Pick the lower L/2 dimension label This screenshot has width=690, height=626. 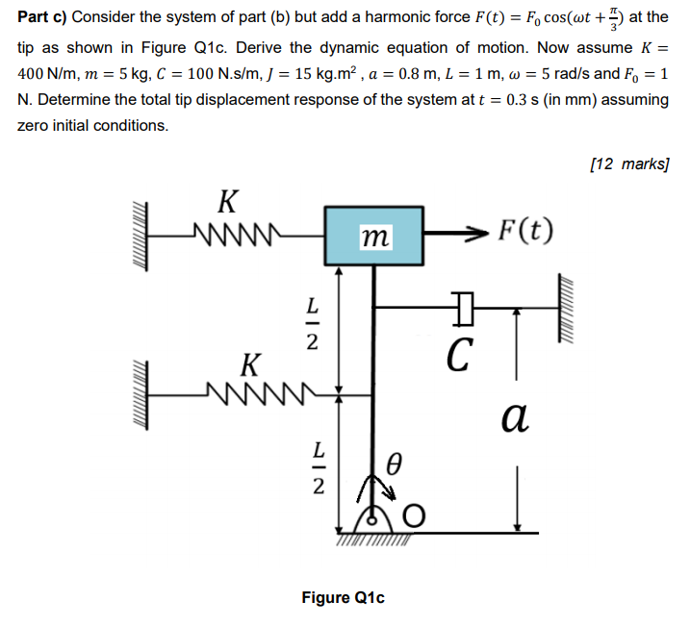[x=310, y=469]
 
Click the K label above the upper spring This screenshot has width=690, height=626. [x=228, y=202]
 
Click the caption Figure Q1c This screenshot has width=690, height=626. [x=343, y=597]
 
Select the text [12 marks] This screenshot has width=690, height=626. [x=626, y=163]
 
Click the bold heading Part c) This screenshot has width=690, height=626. [x=43, y=17]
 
